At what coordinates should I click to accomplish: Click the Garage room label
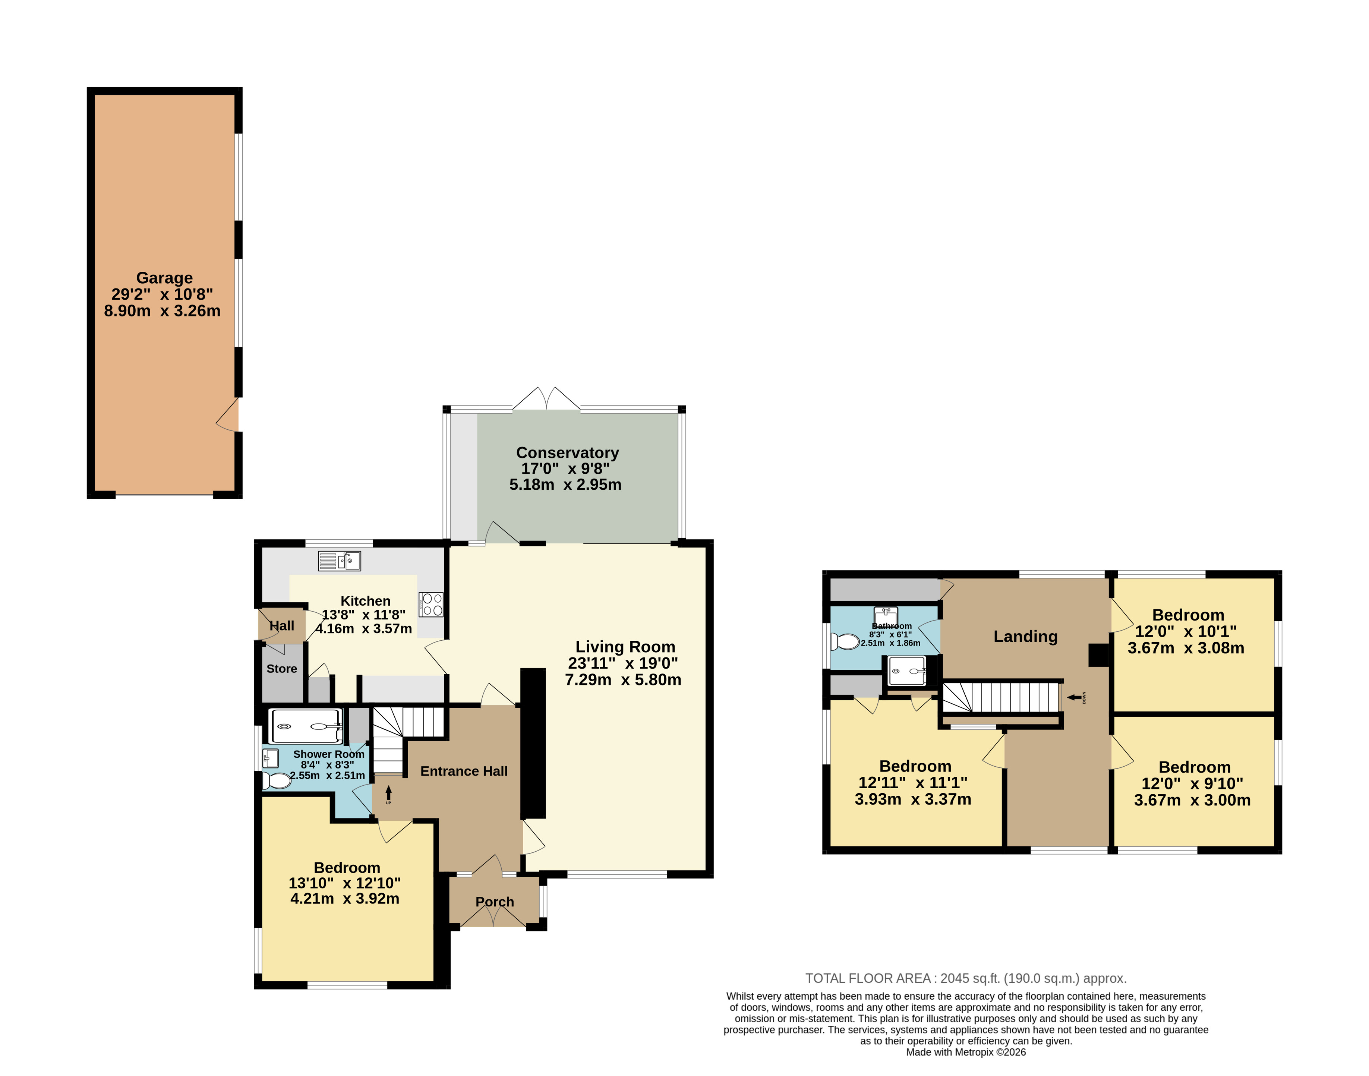tap(164, 278)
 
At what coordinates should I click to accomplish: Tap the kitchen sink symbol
tap(340, 561)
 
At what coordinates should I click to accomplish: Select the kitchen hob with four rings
tap(431, 604)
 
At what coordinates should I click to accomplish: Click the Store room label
tap(282, 668)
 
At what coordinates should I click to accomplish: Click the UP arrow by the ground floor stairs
tap(388, 792)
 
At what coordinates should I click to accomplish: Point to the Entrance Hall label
tap(464, 771)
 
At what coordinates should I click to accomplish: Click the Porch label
tap(495, 902)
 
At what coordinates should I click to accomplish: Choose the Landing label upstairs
tap(1026, 636)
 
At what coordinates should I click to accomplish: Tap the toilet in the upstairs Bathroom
tap(845, 641)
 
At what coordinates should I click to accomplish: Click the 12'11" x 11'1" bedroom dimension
tap(913, 782)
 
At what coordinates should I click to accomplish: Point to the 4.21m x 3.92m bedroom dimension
tap(345, 898)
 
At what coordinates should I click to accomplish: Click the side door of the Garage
tap(228, 414)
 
